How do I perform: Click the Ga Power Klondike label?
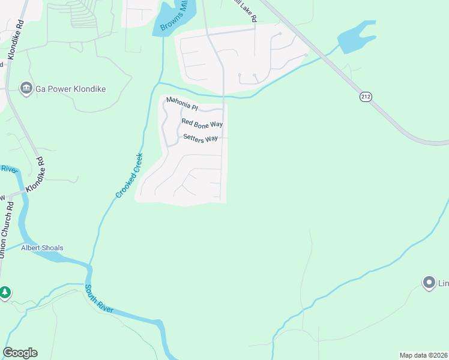pyautogui.click(x=70, y=89)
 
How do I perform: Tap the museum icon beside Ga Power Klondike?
pyautogui.click(x=26, y=89)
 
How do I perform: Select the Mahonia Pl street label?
pyautogui.click(x=182, y=103)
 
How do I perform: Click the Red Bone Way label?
pyautogui.click(x=202, y=124)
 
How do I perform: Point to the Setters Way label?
pyautogui.click(x=200, y=139)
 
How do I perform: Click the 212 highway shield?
pyautogui.click(x=366, y=96)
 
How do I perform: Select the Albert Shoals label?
pyautogui.click(x=42, y=248)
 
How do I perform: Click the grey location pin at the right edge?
pyautogui.click(x=429, y=282)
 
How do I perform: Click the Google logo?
pyautogui.click(x=20, y=353)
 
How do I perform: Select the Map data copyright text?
pyautogui.click(x=423, y=355)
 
